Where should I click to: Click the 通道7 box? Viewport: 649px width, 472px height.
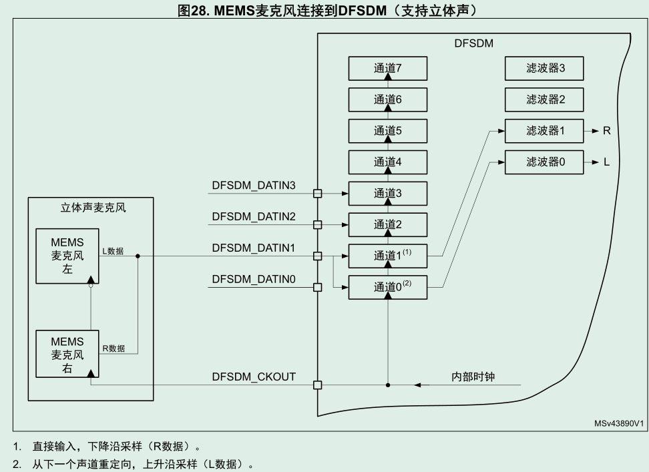pyautogui.click(x=387, y=68)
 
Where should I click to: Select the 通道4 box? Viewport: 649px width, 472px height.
pyautogui.click(x=387, y=162)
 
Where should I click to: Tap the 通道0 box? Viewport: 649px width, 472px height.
pyautogui.click(x=387, y=287)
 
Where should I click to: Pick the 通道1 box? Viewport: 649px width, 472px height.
pyautogui.click(x=387, y=256)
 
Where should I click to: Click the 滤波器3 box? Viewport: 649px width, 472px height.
pyautogui.click(x=545, y=68)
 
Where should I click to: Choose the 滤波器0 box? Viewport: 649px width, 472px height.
pyautogui.click(x=545, y=162)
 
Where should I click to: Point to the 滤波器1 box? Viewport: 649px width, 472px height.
pyautogui.click(x=545, y=131)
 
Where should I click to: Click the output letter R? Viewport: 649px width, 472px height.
pyautogui.click(x=606, y=131)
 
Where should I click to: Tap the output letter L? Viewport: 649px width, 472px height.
pyautogui.click(x=606, y=162)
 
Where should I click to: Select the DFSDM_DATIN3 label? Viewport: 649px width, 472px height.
pyautogui.click(x=253, y=185)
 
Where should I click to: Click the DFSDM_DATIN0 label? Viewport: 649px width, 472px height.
pyautogui.click(x=253, y=279)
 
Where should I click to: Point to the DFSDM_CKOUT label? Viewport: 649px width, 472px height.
pyautogui.click(x=253, y=377)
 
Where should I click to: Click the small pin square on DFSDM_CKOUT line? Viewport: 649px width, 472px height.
pyautogui.click(x=317, y=385)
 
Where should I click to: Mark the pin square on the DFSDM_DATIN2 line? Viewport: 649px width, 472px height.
pyautogui.click(x=317, y=225)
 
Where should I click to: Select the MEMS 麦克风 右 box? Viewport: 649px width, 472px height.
pyautogui.click(x=67, y=354)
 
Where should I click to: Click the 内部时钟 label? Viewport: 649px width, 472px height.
pyautogui.click(x=472, y=377)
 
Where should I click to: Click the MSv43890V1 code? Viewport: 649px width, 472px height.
pyautogui.click(x=618, y=424)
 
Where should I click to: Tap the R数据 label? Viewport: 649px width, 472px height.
pyautogui.click(x=113, y=348)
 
